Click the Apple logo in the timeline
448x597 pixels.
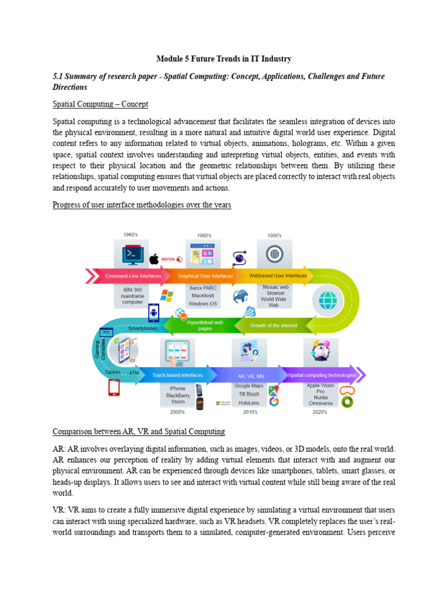[154, 259]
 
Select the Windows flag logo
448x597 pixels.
[167, 295]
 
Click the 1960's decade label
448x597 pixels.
[131, 235]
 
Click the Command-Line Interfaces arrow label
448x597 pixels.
[133, 276]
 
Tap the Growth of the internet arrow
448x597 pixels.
[274, 325]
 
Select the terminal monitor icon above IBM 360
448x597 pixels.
[131, 255]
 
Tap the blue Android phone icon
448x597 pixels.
[154, 313]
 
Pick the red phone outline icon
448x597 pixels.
[114, 388]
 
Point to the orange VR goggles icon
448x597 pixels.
[347, 390]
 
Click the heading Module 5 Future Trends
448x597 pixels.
[224, 59]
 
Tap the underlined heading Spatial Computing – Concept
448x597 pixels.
[100, 104]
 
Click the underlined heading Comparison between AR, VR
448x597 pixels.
[138, 431]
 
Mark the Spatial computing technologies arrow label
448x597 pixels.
[321, 375]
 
